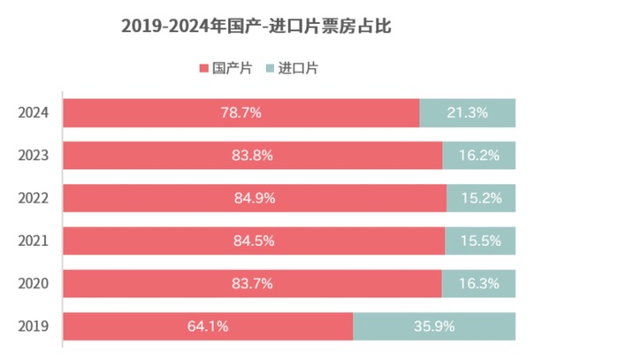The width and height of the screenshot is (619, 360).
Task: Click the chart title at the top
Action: pos(256,27)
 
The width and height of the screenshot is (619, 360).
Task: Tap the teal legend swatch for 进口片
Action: pos(270,68)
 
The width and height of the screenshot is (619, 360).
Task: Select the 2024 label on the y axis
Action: pos(33,113)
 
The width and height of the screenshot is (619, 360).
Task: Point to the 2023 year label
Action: pos(33,156)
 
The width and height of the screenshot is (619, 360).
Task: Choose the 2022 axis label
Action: pos(33,198)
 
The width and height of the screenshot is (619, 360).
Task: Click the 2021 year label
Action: pos(33,241)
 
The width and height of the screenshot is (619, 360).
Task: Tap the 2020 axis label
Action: pos(33,284)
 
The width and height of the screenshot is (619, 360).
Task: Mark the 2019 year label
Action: pos(33,326)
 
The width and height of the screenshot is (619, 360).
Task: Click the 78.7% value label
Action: pos(241,113)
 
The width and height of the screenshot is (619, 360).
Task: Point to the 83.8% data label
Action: pos(252,156)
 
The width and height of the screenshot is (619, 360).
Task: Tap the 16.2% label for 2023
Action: pos(479,156)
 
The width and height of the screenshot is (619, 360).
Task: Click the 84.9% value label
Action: pos(255,198)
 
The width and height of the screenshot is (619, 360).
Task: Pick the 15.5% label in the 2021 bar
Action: pos(479,241)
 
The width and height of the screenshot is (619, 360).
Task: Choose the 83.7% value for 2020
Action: pos(252,284)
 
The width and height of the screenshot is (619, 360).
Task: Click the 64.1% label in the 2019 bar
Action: pos(208,326)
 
